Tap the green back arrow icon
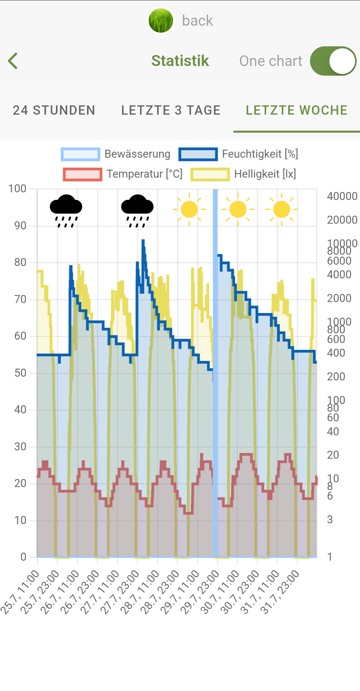click(x=13, y=61)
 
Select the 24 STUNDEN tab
click(x=54, y=110)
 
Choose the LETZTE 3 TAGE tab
click(x=171, y=110)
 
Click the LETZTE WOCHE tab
click(x=296, y=110)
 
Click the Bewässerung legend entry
click(x=115, y=154)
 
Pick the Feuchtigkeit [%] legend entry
click(x=238, y=154)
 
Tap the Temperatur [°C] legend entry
click(x=123, y=174)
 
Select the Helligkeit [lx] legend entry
click(x=243, y=174)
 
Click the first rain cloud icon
click(x=66, y=210)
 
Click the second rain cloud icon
click(x=137, y=210)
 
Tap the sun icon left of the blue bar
click(x=189, y=209)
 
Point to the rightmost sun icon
click(x=282, y=209)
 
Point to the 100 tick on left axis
click(x=17, y=189)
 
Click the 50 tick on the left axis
click(x=20, y=373)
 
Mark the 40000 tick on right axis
click(x=342, y=196)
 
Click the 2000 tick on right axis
click(x=339, y=298)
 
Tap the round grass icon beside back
click(x=161, y=21)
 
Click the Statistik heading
click(x=180, y=61)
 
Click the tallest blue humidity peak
click(x=143, y=241)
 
